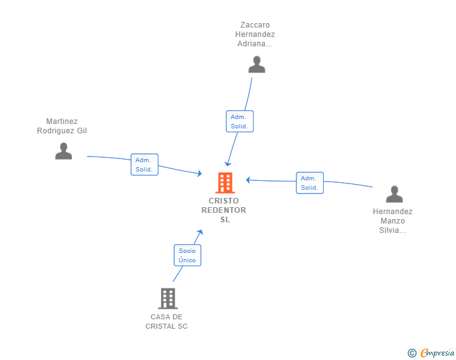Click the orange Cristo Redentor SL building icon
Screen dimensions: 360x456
[x=225, y=183]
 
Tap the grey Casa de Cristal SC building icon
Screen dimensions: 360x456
[x=167, y=299]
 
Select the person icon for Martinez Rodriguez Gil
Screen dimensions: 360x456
[x=63, y=151]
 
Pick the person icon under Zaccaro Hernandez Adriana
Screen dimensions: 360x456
[x=256, y=64]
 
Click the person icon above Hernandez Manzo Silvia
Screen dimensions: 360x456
[x=394, y=194]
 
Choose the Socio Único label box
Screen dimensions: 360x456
[x=187, y=255]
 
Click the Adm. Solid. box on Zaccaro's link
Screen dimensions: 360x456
[x=239, y=121]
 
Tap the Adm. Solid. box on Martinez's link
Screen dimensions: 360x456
[x=144, y=165]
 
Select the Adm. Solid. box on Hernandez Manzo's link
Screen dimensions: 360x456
[x=309, y=183]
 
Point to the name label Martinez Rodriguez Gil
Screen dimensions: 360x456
[x=62, y=126]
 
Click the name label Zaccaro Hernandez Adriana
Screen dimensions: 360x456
[x=255, y=34]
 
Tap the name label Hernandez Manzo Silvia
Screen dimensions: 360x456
[x=393, y=221]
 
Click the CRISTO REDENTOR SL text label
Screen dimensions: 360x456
[x=224, y=210]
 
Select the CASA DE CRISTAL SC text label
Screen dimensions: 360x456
[x=167, y=321]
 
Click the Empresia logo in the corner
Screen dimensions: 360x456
[x=437, y=353]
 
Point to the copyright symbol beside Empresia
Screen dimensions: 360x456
[x=412, y=353]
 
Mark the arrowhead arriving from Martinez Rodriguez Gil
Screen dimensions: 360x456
[x=200, y=173]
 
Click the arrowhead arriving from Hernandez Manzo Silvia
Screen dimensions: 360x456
[x=248, y=180]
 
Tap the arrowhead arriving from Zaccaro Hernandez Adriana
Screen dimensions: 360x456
[x=229, y=164]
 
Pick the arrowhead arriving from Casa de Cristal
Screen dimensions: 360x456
[x=200, y=232]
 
